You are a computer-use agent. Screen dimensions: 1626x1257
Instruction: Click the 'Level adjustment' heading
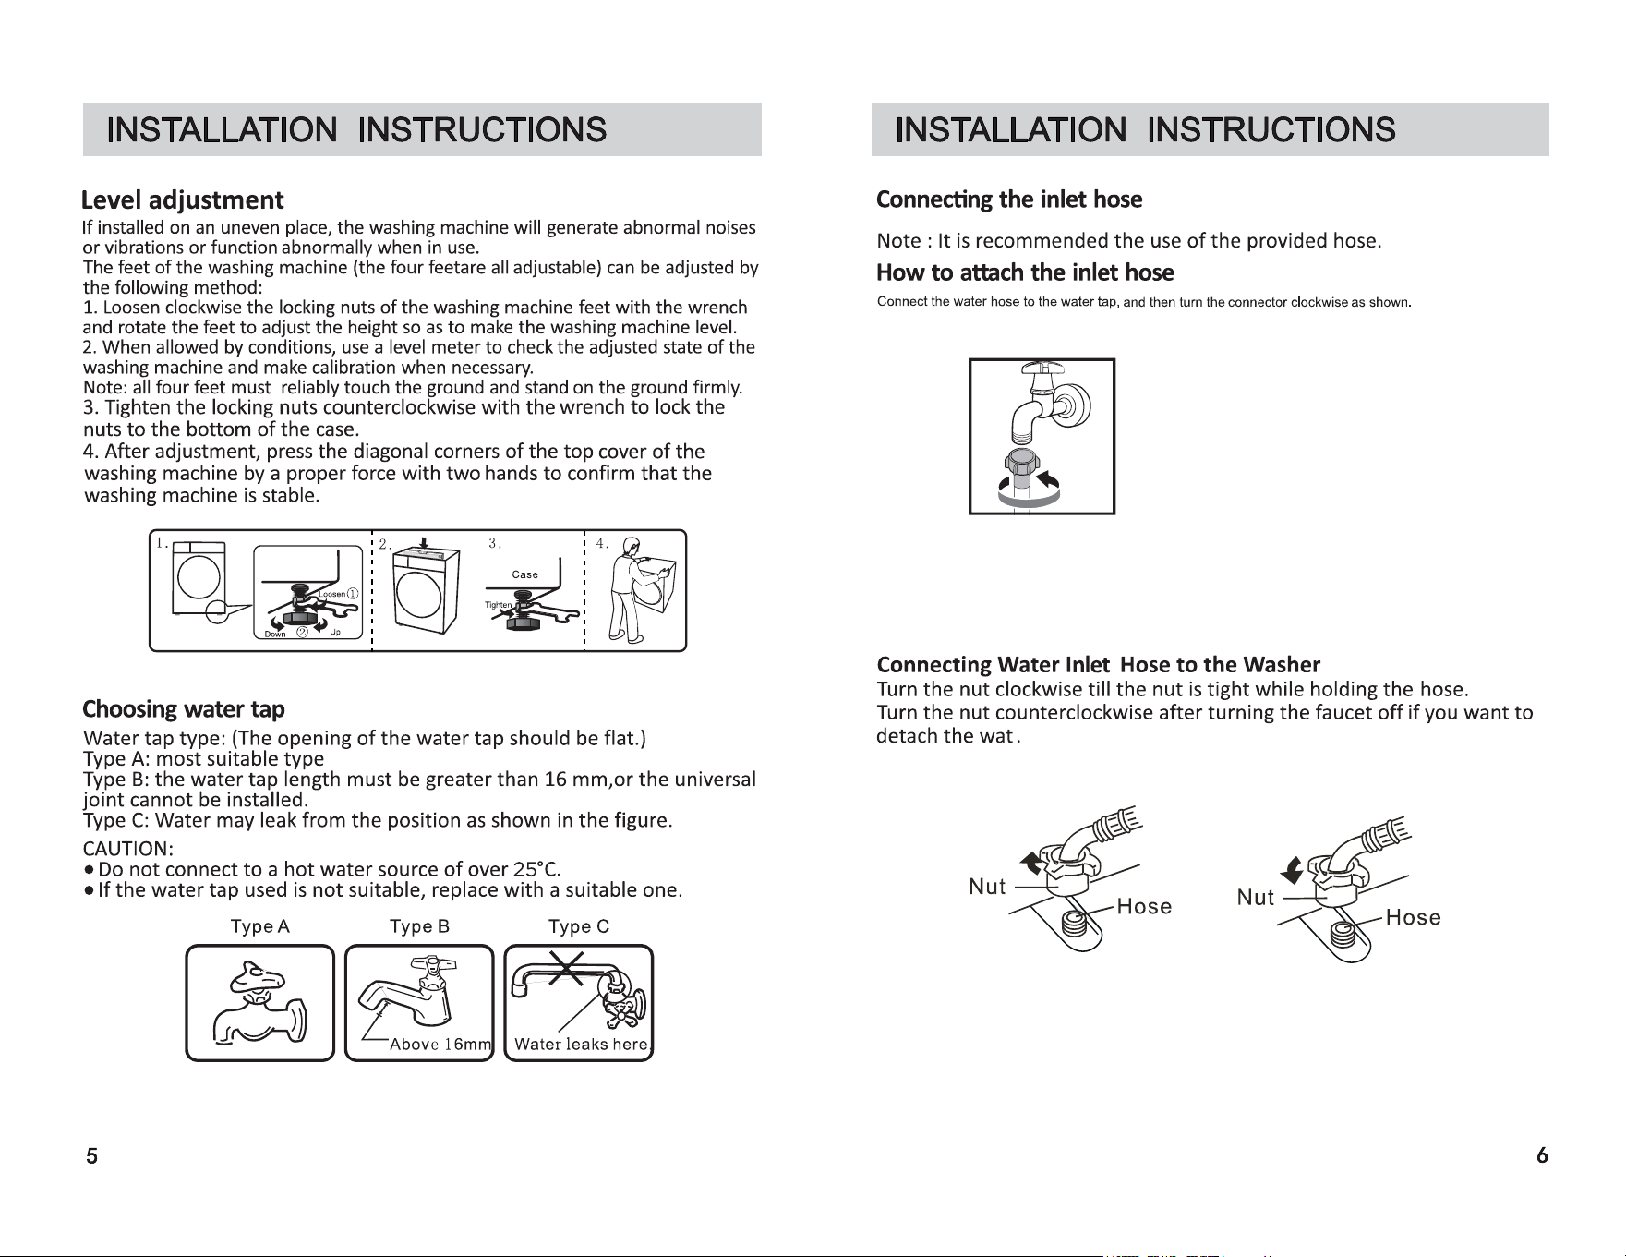coord(183,200)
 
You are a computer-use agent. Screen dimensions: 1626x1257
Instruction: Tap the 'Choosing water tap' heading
coord(184,709)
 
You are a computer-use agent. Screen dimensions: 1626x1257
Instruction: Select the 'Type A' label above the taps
coord(260,926)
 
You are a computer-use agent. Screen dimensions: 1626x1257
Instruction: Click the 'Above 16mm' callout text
coord(440,1045)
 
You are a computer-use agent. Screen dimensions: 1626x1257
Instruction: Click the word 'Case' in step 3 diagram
coord(525,574)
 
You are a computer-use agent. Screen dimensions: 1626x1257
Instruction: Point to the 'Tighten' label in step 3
coord(498,605)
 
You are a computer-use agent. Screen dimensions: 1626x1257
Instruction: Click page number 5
coord(91,1155)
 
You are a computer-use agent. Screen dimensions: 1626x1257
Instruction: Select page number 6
coord(1542,1155)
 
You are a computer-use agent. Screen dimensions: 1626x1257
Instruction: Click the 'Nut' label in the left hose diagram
coord(987,887)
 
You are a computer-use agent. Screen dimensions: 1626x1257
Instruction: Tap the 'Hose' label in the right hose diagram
coord(1413,917)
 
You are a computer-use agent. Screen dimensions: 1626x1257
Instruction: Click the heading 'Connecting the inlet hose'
coord(1009,199)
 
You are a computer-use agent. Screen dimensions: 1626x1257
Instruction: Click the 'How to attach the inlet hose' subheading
coord(1025,272)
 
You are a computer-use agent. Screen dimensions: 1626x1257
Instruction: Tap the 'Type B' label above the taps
coord(419,926)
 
